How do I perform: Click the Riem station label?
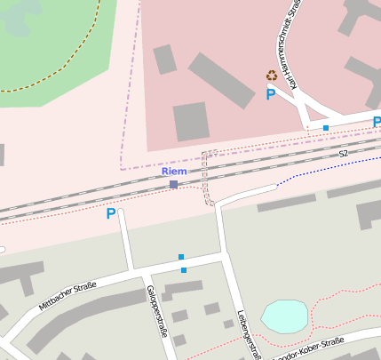(174, 171)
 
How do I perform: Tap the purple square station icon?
(174, 184)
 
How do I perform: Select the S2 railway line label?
(343, 154)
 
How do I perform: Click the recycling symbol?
(272, 76)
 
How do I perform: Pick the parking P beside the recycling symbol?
(270, 93)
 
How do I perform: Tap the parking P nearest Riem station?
(111, 213)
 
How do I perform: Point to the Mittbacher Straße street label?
(67, 295)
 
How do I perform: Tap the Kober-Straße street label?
(320, 345)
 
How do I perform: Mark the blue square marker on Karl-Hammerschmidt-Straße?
(326, 128)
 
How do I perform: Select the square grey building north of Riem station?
(191, 121)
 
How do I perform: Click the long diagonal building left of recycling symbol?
(222, 80)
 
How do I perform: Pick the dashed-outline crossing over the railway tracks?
(210, 178)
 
